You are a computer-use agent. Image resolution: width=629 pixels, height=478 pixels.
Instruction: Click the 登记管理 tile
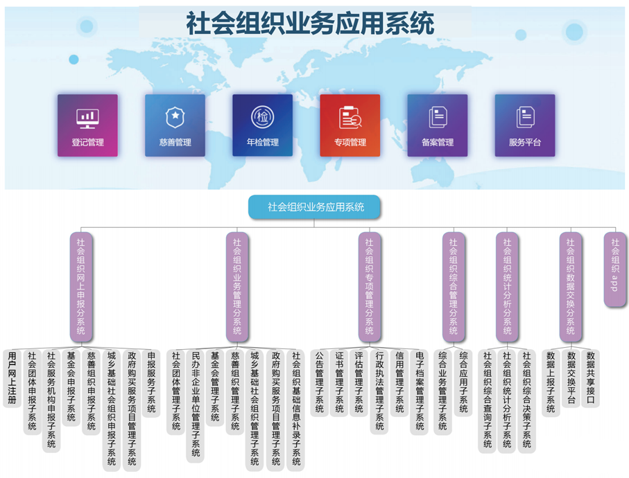pos(87,125)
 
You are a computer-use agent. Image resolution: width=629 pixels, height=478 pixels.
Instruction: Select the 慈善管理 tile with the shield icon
pos(175,125)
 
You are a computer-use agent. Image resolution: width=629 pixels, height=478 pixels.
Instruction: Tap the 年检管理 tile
pos(262,125)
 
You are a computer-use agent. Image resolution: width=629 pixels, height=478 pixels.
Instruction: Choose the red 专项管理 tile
pos(350,125)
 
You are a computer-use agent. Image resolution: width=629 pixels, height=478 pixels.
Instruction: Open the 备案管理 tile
pos(437,125)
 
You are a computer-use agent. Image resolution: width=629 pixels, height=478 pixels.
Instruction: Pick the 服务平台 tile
pos(524,125)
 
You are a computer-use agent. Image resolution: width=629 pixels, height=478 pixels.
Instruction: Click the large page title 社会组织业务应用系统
pos(310,24)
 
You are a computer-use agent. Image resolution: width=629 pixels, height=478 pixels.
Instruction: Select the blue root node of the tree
pos(315,206)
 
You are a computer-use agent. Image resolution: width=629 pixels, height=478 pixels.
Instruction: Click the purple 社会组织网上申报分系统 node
pos(81,286)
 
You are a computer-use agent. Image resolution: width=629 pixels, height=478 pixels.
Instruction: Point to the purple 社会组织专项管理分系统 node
pos(369,286)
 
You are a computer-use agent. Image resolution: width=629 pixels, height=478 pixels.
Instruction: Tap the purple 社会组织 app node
pos(614,269)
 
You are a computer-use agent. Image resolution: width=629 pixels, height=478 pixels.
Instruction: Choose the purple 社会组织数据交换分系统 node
pos(570,286)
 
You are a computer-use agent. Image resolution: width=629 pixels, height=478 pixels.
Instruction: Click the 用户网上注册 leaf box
pos(12,378)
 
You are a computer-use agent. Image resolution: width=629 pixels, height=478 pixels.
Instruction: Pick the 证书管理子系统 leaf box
pos(338,382)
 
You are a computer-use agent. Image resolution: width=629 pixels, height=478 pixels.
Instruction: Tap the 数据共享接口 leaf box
pos(590,378)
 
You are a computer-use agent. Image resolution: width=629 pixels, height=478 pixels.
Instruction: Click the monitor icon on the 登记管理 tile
pos(87,118)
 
